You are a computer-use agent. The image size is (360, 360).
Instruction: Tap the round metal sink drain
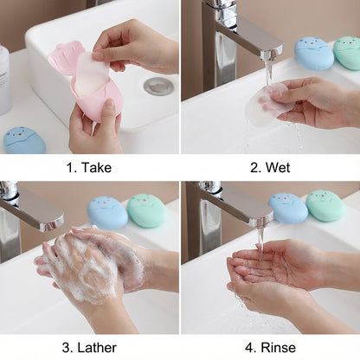tap(158, 86)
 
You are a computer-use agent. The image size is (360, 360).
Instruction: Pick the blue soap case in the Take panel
tap(25, 140)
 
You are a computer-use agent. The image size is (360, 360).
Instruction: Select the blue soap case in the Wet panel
tap(313, 53)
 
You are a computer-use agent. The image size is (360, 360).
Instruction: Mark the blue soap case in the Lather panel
tap(107, 213)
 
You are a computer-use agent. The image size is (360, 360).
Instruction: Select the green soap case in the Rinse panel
tap(325, 206)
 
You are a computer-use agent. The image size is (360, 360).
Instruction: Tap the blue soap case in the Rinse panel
tap(287, 208)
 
